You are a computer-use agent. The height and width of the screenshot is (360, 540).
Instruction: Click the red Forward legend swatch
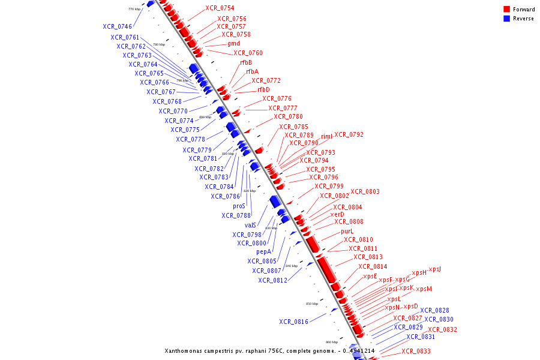[506, 10]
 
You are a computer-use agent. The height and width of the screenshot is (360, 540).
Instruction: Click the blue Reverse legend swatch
[506, 19]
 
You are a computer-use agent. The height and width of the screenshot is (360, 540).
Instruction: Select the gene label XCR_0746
[117, 26]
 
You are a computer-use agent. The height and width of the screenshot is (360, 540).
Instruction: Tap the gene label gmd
[233, 43]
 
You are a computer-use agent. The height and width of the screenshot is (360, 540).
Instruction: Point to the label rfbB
[246, 62]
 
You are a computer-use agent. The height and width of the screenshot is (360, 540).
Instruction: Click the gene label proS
[239, 206]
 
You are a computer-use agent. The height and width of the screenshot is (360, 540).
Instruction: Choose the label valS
[250, 225]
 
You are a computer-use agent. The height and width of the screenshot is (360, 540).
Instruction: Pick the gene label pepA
[263, 251]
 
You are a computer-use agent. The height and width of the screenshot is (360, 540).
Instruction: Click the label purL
[347, 231]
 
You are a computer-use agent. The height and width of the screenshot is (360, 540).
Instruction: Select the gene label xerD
[337, 214]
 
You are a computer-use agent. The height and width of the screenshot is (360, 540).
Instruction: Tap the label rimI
[326, 136]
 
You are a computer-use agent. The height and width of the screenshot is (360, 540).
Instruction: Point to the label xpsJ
[435, 269]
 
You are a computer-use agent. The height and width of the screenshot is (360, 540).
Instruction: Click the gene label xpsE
[370, 276]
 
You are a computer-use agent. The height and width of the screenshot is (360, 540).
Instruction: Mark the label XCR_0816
[293, 322]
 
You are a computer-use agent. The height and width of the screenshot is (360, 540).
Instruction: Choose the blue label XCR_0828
[434, 310]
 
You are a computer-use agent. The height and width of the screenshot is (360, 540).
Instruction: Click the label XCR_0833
[416, 351]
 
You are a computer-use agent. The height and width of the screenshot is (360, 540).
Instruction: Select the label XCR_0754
[220, 8]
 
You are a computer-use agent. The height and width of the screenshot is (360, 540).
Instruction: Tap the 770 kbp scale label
[134, 10]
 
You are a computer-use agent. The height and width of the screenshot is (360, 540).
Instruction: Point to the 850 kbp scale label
[312, 304]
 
